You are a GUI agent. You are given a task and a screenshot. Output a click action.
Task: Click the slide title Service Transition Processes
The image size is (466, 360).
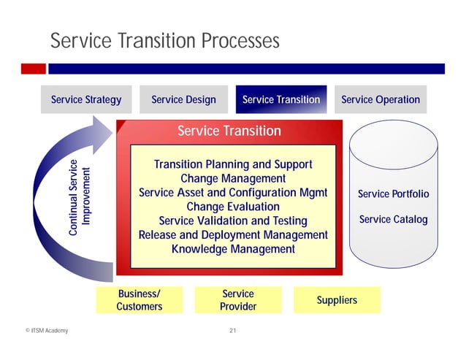pyautogui.click(x=164, y=42)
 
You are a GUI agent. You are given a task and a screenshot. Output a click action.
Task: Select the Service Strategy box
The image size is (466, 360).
pyautogui.click(x=85, y=100)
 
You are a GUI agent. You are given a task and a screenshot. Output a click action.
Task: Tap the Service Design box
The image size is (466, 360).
pyautogui.click(x=183, y=100)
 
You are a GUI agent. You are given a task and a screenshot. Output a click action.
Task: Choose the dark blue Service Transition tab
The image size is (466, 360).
pyautogui.click(x=280, y=100)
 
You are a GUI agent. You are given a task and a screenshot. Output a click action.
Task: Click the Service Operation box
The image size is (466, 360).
pyautogui.click(x=380, y=100)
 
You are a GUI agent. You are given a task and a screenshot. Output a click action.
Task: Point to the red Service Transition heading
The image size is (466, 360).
pyautogui.click(x=229, y=131)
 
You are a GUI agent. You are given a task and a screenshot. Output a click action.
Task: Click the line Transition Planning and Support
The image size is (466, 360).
pyautogui.click(x=232, y=164)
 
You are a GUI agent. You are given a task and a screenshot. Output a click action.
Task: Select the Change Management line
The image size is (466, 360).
pyautogui.click(x=232, y=179)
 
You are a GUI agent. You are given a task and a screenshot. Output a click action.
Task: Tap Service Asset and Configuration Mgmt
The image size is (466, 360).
pyautogui.click(x=232, y=193)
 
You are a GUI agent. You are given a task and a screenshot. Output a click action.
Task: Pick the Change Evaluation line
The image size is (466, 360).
pyautogui.click(x=232, y=207)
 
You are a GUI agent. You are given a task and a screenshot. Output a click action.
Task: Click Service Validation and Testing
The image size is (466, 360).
pyautogui.click(x=232, y=221)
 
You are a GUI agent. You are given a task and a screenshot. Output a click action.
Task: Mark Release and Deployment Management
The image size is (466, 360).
pyautogui.click(x=232, y=235)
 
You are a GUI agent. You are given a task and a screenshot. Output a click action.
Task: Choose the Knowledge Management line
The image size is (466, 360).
pyautogui.click(x=232, y=250)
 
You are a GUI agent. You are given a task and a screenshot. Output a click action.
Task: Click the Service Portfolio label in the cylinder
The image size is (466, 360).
pyautogui.click(x=393, y=194)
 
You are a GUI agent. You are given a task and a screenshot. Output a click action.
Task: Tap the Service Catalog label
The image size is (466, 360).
pyautogui.click(x=393, y=219)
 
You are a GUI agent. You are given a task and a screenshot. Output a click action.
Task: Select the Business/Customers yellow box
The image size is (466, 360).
pyautogui.click(x=139, y=300)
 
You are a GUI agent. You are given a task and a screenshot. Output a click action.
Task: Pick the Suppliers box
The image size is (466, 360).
pyautogui.click(x=337, y=300)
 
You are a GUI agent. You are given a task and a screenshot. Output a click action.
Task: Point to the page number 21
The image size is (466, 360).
pyautogui.click(x=232, y=332)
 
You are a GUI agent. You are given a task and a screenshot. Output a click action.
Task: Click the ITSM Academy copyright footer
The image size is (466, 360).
pyautogui.click(x=45, y=332)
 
